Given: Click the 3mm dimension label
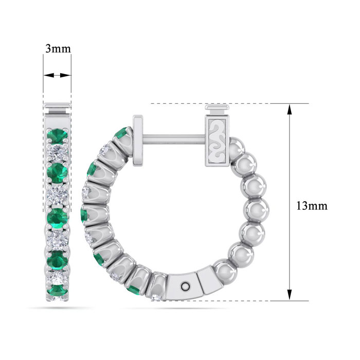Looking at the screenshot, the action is [58, 49].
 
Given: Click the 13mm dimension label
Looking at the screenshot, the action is [312, 206].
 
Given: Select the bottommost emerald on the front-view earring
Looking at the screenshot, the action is [58, 290].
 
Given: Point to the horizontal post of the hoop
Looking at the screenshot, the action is [174, 139].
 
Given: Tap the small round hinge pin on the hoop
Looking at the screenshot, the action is [186, 286].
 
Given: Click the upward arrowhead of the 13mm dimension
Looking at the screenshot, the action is [290, 109].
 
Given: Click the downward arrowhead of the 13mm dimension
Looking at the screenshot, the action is [290, 295].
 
